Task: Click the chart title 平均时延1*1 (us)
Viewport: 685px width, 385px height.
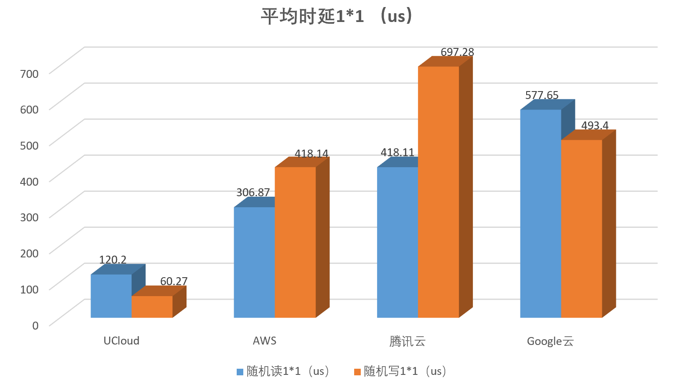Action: coord(337,16)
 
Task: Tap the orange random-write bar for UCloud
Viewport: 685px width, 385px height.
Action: coord(152,307)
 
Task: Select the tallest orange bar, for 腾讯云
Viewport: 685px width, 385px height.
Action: coord(438,192)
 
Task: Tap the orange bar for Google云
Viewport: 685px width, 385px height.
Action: coord(581,229)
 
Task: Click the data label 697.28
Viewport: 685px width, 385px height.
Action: coord(457,52)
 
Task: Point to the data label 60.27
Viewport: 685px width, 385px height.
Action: coord(174,281)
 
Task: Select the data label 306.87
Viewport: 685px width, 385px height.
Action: coord(253,192)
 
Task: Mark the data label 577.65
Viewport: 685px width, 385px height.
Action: coord(542,95)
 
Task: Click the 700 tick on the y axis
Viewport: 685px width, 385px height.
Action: coord(29,73)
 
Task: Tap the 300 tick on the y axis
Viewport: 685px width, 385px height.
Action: coord(29,217)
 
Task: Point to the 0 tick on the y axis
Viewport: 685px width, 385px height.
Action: coord(35,325)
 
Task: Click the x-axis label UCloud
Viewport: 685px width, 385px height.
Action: coord(121,341)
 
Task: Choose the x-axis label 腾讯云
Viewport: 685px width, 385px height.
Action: coord(407,341)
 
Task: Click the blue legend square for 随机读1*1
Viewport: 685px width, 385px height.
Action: coord(240,372)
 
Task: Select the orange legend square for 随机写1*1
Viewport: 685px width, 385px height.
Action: coord(357,372)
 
